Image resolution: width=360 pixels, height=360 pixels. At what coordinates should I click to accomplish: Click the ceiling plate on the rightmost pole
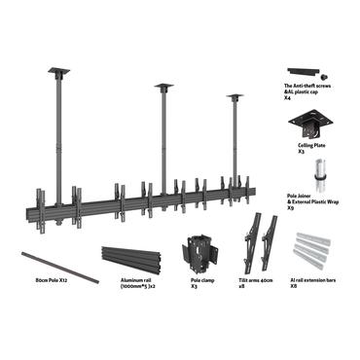tap(234, 95)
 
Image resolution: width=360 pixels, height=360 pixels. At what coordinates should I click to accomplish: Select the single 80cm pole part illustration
tap(61, 266)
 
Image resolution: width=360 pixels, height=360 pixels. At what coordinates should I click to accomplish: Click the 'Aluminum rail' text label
tap(124, 280)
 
